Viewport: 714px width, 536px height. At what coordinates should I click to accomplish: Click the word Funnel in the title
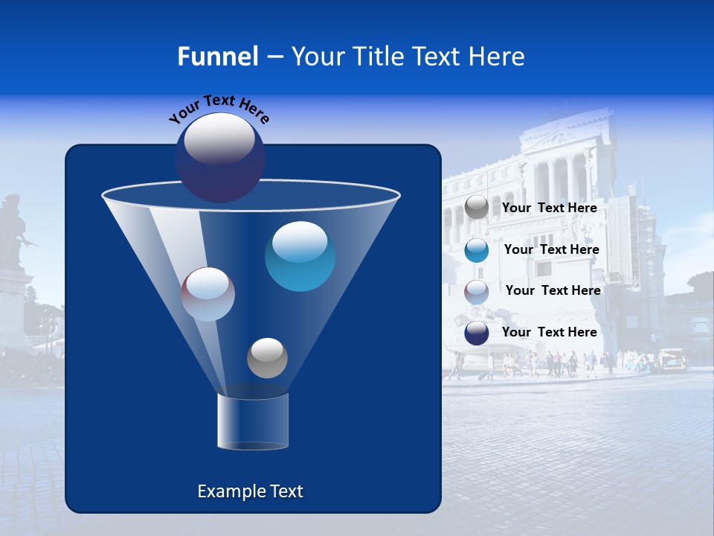click(x=217, y=57)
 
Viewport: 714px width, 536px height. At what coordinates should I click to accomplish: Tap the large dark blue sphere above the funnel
click(x=220, y=157)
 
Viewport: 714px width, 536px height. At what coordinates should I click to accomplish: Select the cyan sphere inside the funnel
click(x=300, y=256)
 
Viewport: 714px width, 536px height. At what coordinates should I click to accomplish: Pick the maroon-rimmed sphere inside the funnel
click(x=208, y=294)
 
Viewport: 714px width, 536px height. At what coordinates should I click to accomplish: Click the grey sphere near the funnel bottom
click(x=267, y=357)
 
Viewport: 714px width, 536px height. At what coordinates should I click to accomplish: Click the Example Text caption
click(x=250, y=491)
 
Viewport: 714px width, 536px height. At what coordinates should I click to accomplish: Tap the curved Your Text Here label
click(x=219, y=108)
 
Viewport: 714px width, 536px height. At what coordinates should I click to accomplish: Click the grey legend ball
click(x=477, y=208)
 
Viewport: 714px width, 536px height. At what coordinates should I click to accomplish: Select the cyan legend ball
click(x=477, y=250)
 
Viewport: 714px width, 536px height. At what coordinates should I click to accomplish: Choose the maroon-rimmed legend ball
click(x=477, y=292)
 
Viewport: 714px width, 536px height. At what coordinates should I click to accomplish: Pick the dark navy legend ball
click(x=477, y=333)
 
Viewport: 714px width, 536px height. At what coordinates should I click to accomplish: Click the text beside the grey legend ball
click(x=549, y=208)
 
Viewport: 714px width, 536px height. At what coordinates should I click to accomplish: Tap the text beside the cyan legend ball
click(x=551, y=249)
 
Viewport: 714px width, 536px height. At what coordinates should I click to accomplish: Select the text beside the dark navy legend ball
click(x=549, y=332)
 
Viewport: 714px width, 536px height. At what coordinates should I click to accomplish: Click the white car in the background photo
click(x=672, y=360)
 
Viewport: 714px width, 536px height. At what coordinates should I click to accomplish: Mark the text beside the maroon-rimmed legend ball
click(x=553, y=290)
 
